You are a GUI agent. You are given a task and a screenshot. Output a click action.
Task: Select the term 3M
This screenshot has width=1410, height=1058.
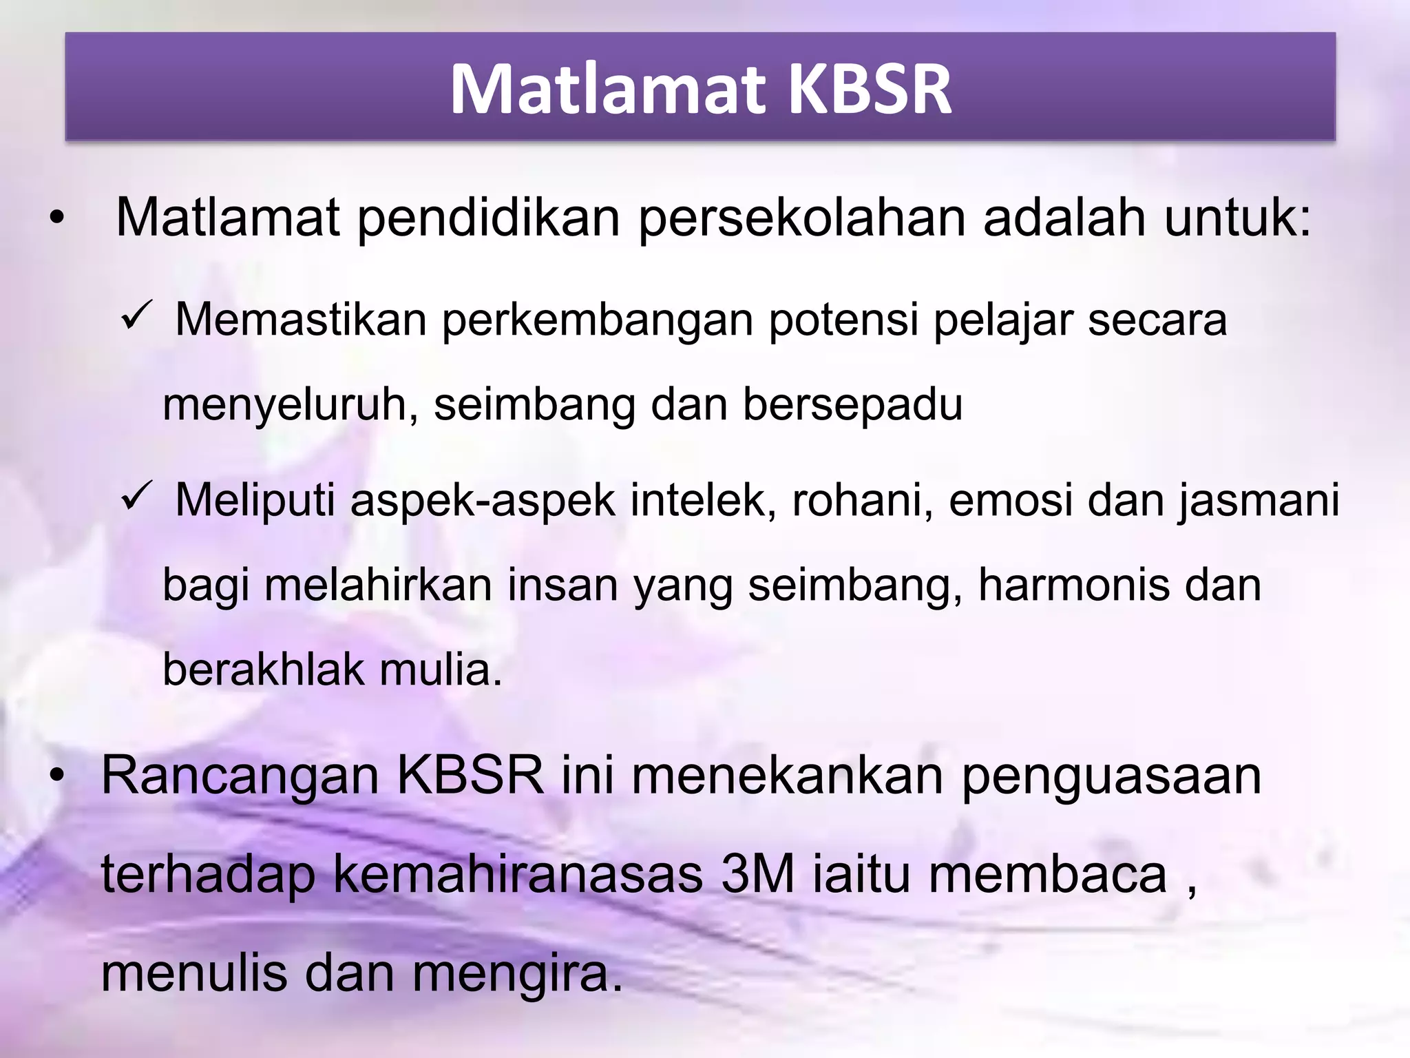(757, 874)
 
